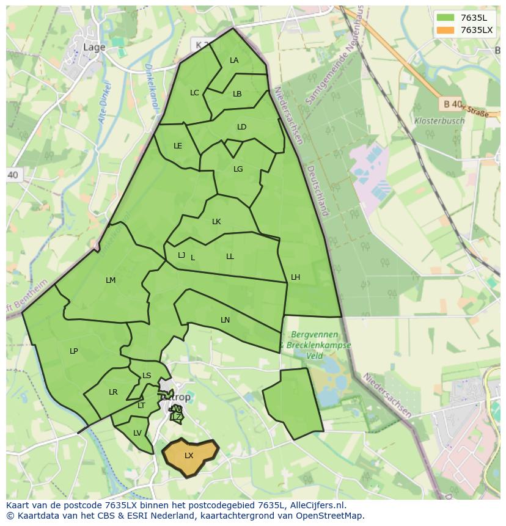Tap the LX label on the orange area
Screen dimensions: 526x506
(x=189, y=456)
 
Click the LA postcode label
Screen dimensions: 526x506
(x=234, y=60)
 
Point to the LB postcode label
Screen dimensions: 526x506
(x=237, y=94)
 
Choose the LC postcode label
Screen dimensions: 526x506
(x=194, y=93)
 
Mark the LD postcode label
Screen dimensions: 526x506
(x=241, y=127)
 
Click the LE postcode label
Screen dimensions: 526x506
(x=178, y=146)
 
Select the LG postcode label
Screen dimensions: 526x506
(x=238, y=169)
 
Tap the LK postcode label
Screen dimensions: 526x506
(x=216, y=222)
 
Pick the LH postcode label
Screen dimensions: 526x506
(x=295, y=277)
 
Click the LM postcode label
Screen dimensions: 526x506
(x=111, y=280)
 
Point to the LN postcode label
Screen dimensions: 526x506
(x=225, y=320)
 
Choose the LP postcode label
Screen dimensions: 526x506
(x=74, y=351)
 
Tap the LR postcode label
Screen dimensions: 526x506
(x=113, y=392)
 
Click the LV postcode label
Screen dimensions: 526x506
(x=137, y=433)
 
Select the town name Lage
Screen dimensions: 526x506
(x=94, y=47)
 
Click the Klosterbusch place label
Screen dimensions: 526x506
(x=439, y=121)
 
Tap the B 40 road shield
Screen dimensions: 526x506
(x=452, y=104)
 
